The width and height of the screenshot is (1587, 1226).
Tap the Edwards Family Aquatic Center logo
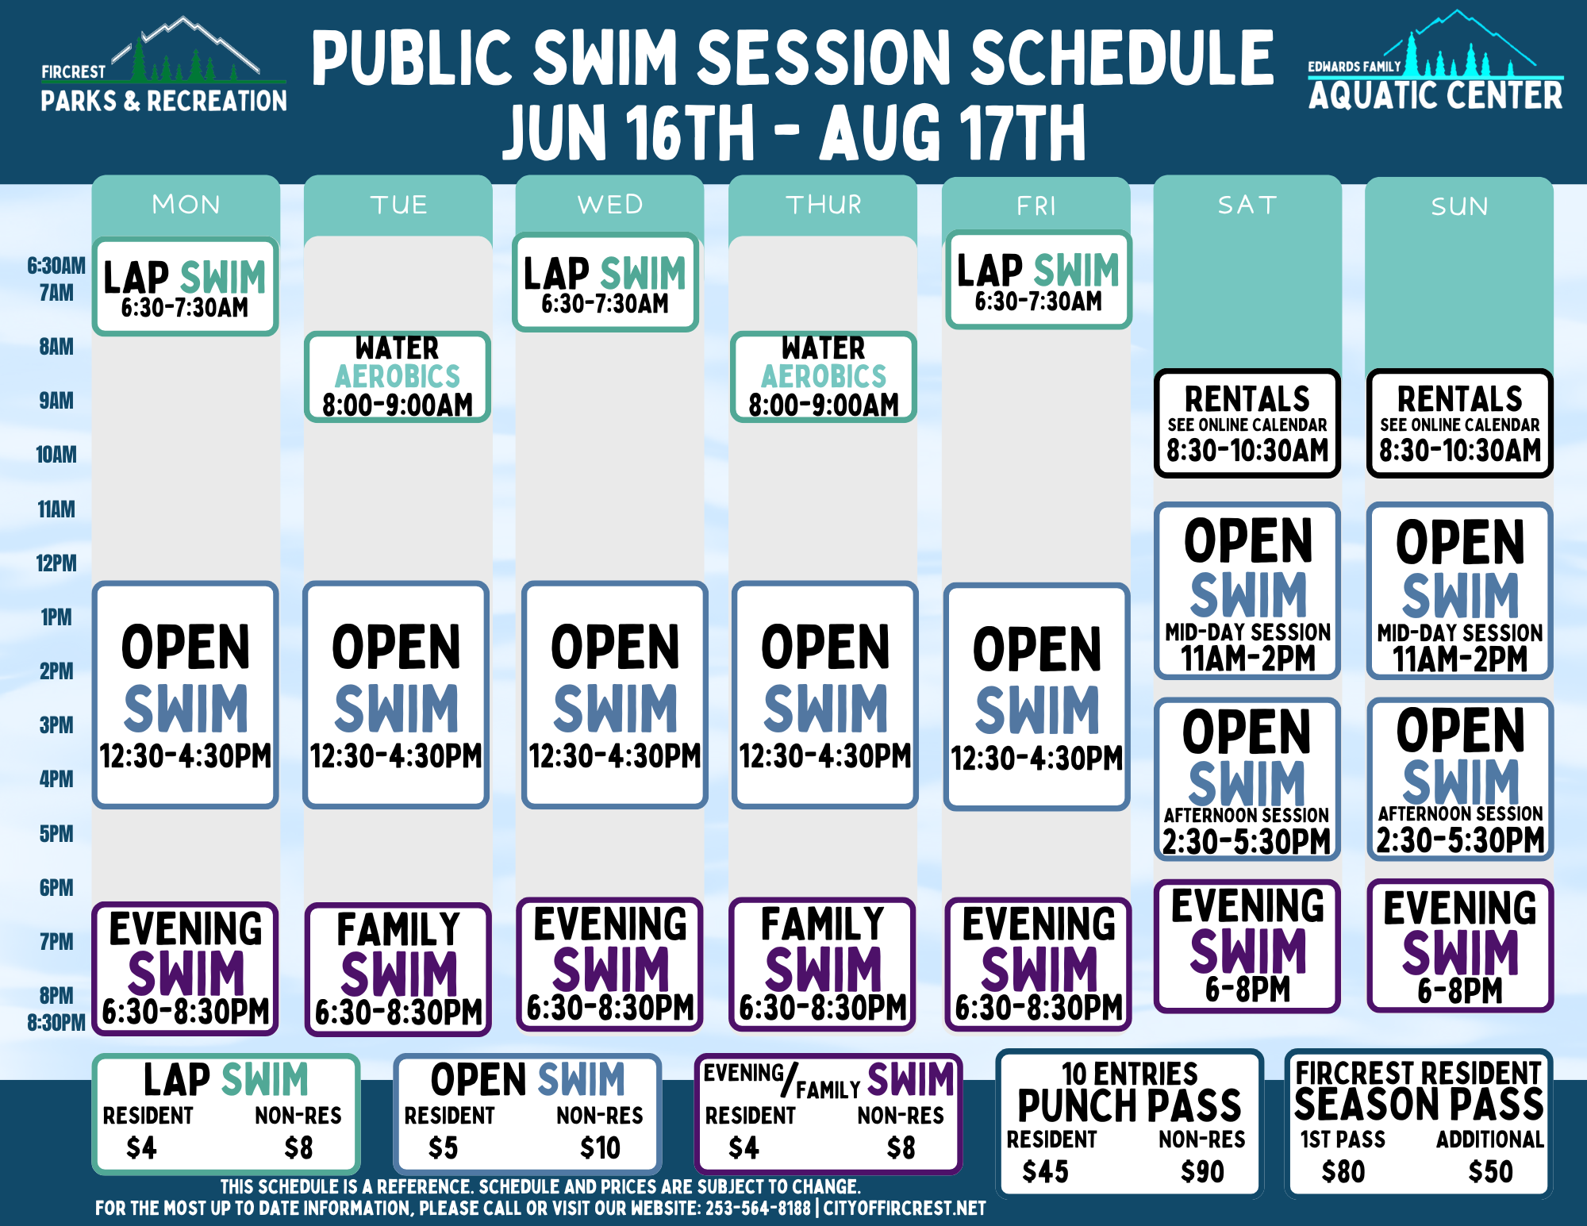coord(1435,61)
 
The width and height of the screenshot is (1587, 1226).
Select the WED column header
coord(609,204)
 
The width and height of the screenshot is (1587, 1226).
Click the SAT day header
coord(1247,205)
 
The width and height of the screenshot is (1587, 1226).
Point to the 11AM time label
coord(56,509)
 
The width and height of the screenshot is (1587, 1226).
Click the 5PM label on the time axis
coord(56,833)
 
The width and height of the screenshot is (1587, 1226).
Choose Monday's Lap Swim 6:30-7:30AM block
coord(185,286)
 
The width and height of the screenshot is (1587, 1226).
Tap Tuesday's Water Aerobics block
coord(398,376)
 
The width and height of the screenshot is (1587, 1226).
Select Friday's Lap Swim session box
coord(1038,279)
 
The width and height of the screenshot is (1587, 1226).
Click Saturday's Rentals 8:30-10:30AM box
coord(1247,423)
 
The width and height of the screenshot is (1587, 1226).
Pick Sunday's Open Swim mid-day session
coord(1460,591)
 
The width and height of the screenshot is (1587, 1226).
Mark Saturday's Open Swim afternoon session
coord(1247,779)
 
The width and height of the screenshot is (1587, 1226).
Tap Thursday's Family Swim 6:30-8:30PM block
coord(823,964)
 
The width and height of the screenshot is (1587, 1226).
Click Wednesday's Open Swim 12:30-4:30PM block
coord(615,695)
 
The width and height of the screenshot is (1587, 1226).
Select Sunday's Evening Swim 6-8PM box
coord(1460,946)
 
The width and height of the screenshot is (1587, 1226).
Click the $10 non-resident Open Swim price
coord(600,1148)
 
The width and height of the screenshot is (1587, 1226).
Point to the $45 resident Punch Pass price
coord(1045,1171)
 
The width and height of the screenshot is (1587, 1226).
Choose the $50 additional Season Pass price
coord(1490,1171)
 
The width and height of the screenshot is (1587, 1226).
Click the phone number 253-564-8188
coord(758,1208)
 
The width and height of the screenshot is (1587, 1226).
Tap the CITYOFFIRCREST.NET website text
coord(904,1208)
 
